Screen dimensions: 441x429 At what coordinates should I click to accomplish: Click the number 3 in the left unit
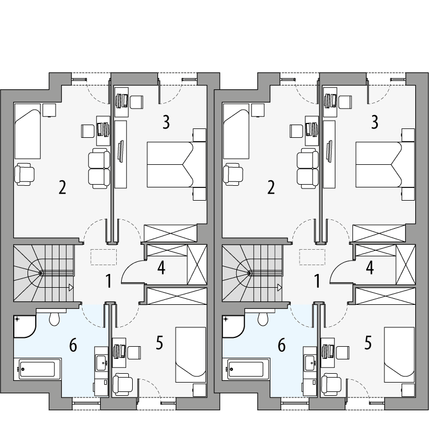(x=166, y=122)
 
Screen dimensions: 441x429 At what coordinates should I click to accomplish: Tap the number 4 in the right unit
(x=370, y=268)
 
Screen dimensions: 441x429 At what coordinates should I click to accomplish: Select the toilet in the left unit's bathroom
(x=55, y=319)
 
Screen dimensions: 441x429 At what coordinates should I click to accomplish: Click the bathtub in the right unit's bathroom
(x=246, y=368)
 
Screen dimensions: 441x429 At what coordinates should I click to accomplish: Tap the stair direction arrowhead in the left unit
(x=71, y=287)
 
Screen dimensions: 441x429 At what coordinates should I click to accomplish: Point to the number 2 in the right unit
(x=270, y=187)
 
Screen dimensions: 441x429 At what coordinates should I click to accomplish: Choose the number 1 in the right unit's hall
(x=317, y=282)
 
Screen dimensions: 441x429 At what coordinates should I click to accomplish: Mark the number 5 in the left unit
(x=159, y=343)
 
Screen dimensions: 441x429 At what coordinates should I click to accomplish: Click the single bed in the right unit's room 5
(x=399, y=354)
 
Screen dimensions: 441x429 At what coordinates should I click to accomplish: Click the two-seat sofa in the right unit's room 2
(x=308, y=168)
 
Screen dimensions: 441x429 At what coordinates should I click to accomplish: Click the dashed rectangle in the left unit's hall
(x=104, y=257)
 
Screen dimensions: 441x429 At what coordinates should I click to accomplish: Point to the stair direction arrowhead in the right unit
(x=280, y=287)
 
